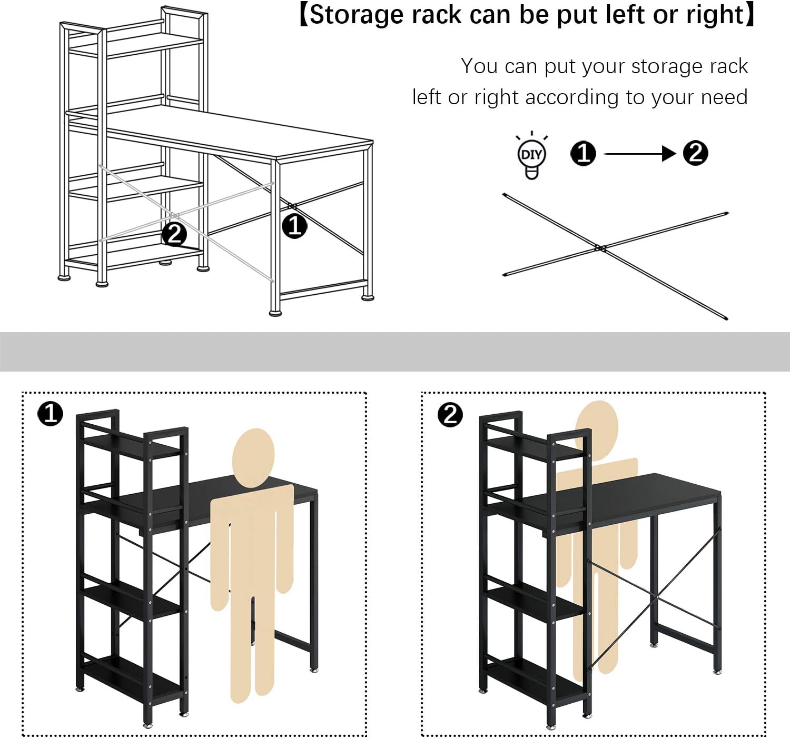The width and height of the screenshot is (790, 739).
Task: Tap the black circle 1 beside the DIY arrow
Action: tap(583, 154)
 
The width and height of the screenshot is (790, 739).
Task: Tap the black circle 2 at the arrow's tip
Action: tap(695, 153)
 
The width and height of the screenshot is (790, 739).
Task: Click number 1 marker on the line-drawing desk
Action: tap(294, 226)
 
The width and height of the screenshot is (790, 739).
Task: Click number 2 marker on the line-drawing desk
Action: tap(174, 234)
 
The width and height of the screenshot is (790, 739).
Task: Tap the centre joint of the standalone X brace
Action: tap(600, 248)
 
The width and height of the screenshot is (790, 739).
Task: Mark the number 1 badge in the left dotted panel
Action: tap(51, 414)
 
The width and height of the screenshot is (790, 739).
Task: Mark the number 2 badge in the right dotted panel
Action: tap(450, 415)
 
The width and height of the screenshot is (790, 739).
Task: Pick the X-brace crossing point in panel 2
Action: tap(653, 598)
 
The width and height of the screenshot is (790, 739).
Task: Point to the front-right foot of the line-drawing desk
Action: tap(275, 313)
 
